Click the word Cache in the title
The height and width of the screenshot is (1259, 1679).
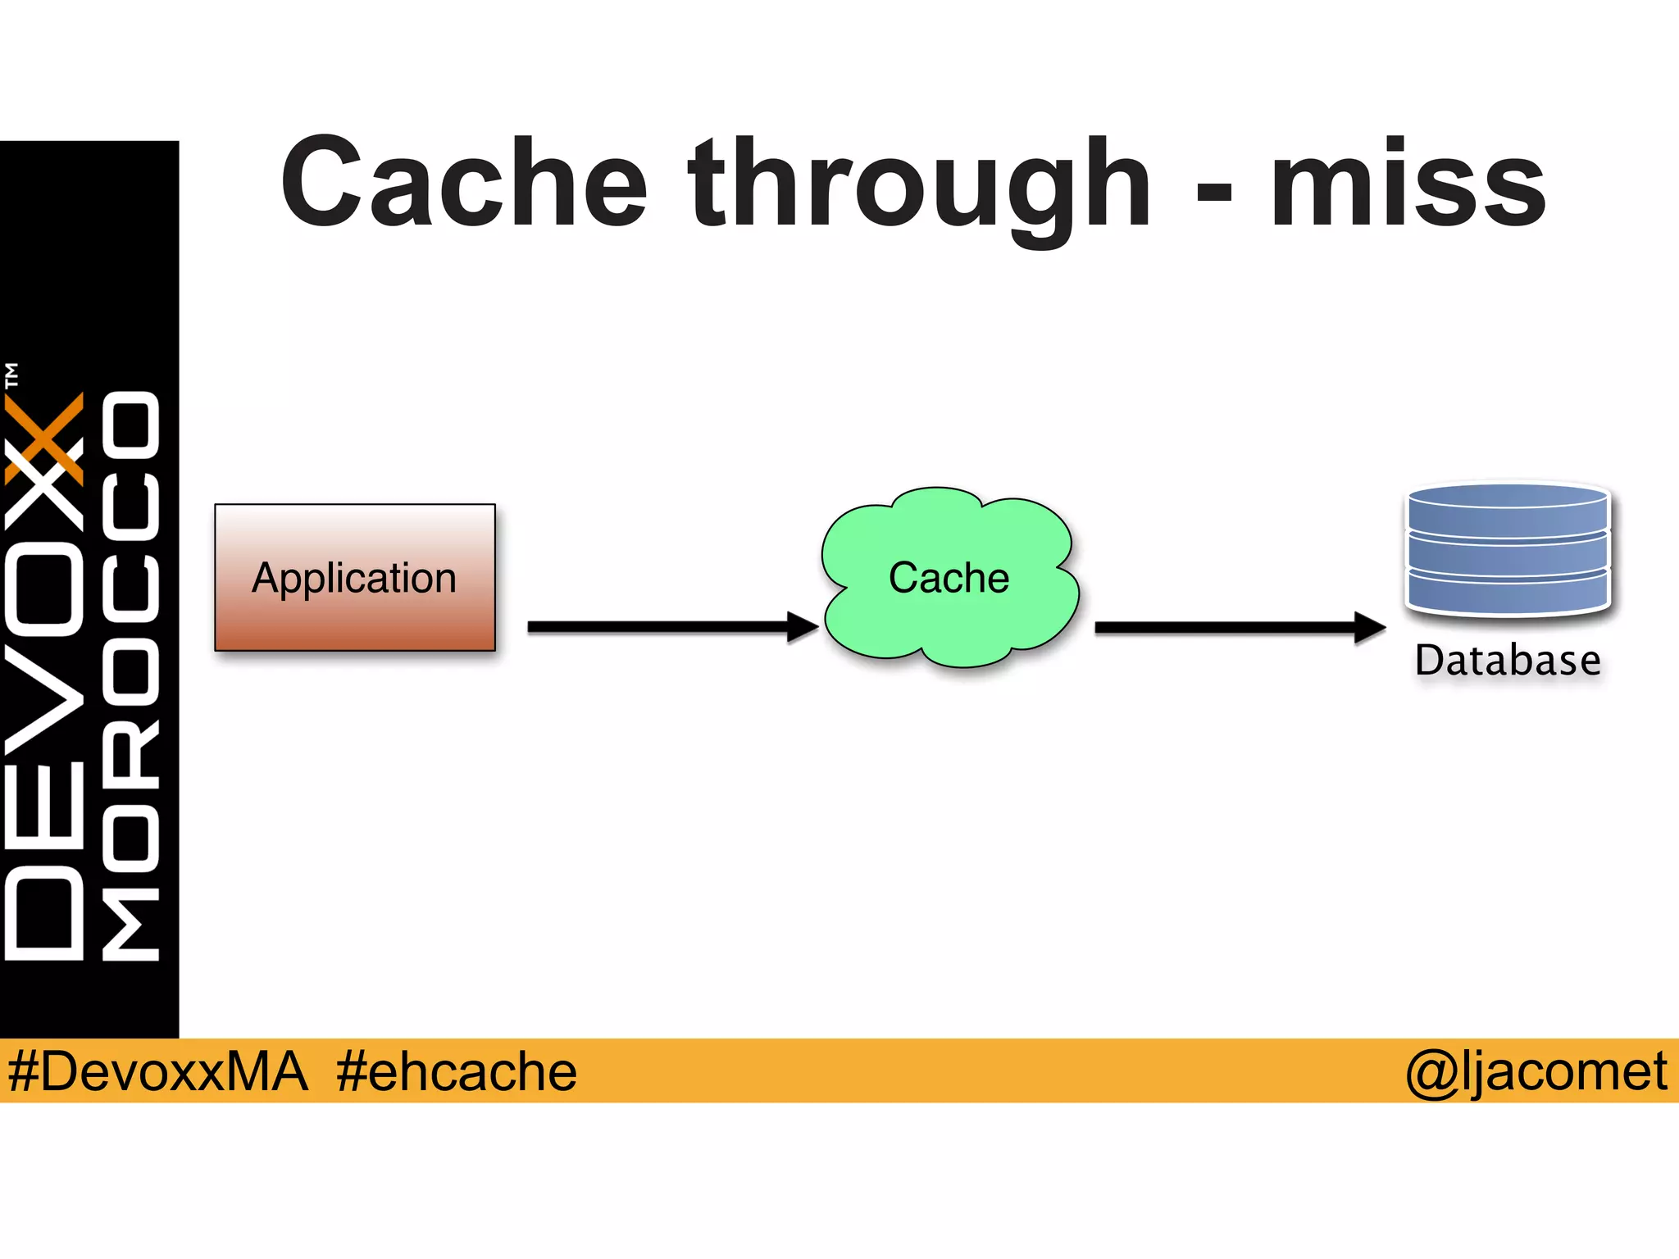[464, 182]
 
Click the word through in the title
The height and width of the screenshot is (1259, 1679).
[920, 187]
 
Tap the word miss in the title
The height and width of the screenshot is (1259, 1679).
[1407, 182]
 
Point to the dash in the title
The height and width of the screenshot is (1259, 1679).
[1214, 193]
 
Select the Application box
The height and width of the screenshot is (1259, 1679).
[355, 577]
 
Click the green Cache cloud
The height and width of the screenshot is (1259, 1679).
[949, 577]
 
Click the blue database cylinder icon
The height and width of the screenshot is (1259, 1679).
[1508, 549]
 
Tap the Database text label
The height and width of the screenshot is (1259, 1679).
[1508, 661]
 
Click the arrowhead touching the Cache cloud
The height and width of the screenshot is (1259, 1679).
[802, 627]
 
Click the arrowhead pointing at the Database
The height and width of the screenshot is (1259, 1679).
[1369, 628]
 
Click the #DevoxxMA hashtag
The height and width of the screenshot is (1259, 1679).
[157, 1072]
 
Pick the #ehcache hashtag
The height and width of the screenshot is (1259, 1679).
[456, 1072]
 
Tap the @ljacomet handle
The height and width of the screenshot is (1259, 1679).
[1536, 1072]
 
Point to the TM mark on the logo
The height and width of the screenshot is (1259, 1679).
[11, 375]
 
